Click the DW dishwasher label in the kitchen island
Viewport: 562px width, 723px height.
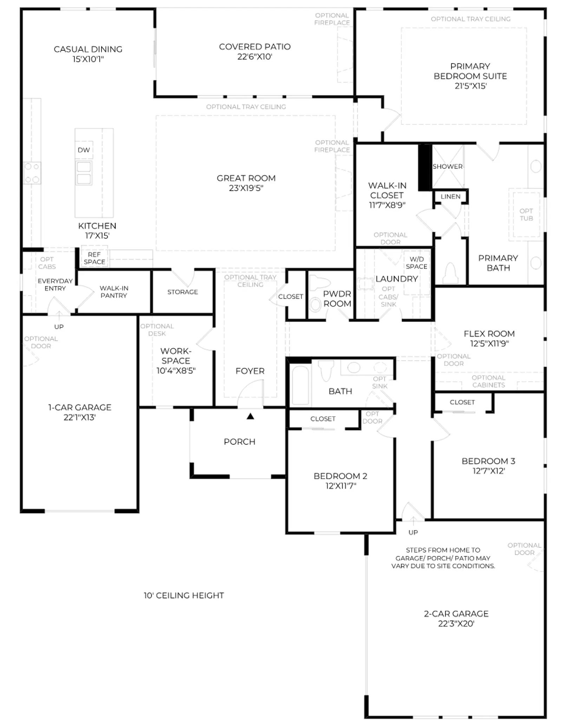pyautogui.click(x=84, y=150)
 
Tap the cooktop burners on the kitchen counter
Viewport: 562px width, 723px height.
pyautogui.click(x=32, y=173)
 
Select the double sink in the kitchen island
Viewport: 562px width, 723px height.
pyautogui.click(x=84, y=173)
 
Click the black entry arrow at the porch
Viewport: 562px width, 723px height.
pyautogui.click(x=250, y=416)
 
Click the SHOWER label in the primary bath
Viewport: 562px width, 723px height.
pyautogui.click(x=447, y=167)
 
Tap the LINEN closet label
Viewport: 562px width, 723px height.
pyautogui.click(x=450, y=197)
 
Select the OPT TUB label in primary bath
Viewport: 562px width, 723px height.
pyautogui.click(x=526, y=215)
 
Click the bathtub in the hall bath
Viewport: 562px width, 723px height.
pyautogui.click(x=300, y=385)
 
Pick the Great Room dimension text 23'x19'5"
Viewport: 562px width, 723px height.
pyautogui.click(x=246, y=188)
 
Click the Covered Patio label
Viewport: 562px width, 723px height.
pyautogui.click(x=255, y=47)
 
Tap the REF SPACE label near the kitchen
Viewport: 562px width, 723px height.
pyautogui.click(x=94, y=258)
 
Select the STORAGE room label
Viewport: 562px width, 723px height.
pyautogui.click(x=183, y=292)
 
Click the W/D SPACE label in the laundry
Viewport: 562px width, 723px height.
pyautogui.click(x=417, y=263)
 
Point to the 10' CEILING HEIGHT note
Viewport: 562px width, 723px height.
pyautogui.click(x=184, y=595)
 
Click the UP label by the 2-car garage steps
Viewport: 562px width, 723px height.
pyautogui.click(x=413, y=532)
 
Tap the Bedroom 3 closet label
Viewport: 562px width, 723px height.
pyautogui.click(x=462, y=402)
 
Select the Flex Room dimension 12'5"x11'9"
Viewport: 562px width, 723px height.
pyautogui.click(x=489, y=344)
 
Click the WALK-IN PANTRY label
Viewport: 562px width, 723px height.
pyautogui.click(x=114, y=292)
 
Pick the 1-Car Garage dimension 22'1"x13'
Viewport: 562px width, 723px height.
pyautogui.click(x=80, y=417)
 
